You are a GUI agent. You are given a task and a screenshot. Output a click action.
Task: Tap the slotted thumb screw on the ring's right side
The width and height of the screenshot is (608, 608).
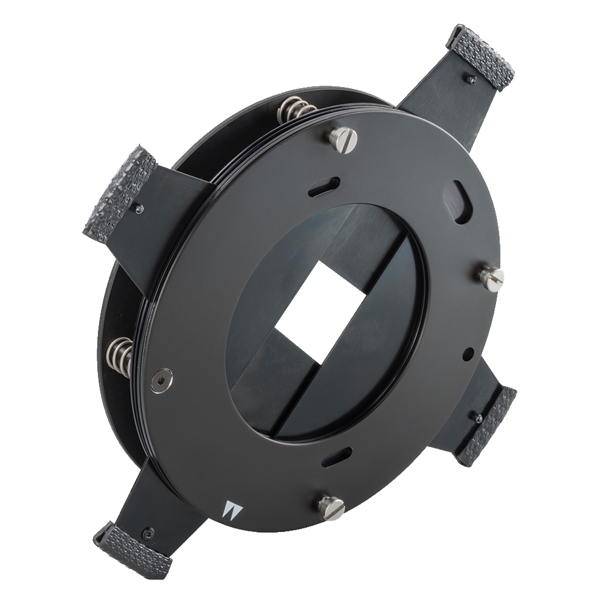491,278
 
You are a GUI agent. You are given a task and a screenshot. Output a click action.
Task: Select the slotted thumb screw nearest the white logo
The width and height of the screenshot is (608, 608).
331,507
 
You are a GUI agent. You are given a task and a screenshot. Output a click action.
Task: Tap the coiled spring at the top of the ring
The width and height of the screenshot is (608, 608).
294,109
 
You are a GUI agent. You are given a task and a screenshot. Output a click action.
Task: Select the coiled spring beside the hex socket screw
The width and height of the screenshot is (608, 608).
120,356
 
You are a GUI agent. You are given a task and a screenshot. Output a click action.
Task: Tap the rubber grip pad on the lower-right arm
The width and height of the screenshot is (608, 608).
486,426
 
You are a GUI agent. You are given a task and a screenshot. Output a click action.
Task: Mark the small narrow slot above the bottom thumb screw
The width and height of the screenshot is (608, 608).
337,457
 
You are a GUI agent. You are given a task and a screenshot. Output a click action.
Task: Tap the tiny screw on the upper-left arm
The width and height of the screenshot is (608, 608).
140,209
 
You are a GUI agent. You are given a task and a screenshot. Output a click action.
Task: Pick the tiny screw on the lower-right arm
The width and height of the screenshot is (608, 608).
477,418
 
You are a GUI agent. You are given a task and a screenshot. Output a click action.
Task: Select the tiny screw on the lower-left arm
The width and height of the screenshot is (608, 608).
148,533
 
